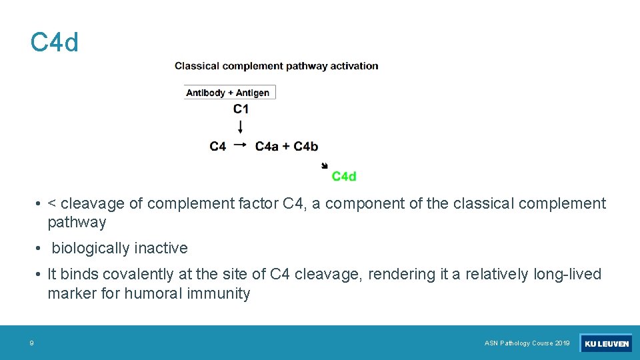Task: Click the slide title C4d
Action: click(55, 43)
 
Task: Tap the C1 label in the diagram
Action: click(241, 109)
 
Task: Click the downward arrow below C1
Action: click(241, 126)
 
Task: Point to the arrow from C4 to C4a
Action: click(241, 145)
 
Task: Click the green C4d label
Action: click(344, 176)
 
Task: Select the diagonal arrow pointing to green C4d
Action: click(325, 165)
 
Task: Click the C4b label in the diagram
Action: click(306, 146)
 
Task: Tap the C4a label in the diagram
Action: click(267, 146)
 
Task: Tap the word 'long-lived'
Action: click(567, 274)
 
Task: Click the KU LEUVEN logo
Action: click(606, 343)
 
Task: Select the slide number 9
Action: click(31, 343)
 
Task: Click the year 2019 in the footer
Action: click(562, 343)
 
